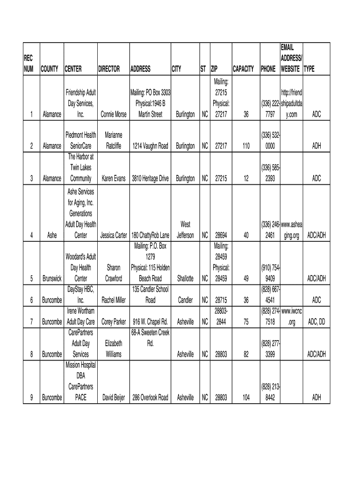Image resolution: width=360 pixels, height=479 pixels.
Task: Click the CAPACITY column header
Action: (244, 69)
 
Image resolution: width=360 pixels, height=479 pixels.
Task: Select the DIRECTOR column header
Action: (109, 69)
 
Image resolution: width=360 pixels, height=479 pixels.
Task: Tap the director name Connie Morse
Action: (113, 114)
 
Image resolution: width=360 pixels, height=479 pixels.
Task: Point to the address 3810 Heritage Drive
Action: (150, 178)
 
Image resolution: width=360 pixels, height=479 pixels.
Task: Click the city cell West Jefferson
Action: (185, 230)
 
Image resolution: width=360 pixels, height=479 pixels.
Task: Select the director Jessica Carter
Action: (113, 235)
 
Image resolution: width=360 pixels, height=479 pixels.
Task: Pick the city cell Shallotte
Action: (185, 278)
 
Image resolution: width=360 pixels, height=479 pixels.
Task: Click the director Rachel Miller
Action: (113, 300)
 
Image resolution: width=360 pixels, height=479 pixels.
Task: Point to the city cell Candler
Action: (185, 300)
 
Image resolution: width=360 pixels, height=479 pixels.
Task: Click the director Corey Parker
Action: (113, 321)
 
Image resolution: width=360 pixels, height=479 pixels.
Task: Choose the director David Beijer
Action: (113, 398)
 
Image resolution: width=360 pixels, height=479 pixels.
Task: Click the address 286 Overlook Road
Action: (150, 398)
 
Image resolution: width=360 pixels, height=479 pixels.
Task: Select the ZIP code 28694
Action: (221, 235)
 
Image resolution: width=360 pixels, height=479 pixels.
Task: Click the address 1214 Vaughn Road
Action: (150, 146)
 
